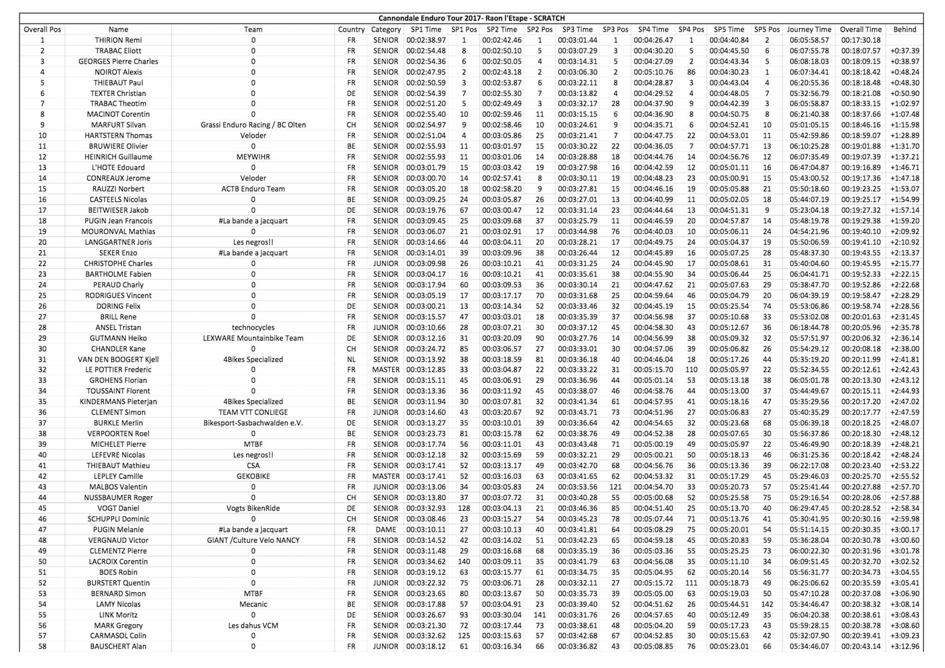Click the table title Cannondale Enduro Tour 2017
pos(471,18)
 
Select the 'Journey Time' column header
pos(809,30)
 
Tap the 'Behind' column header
pos(904,30)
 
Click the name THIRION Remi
pos(118,40)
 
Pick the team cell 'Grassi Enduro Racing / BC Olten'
pos(253,125)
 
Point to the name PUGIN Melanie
pos(118,530)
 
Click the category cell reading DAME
pos(386,530)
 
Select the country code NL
pos(351,360)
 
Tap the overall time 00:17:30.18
pos(861,40)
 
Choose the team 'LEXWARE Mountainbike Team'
pos(253,338)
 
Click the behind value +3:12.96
pos(904,647)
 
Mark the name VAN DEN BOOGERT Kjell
pos(118,360)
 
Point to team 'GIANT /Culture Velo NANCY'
pos(253,541)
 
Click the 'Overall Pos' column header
pos(42,30)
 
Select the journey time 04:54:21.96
pos(809,232)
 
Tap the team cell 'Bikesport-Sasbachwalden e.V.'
pos(253,423)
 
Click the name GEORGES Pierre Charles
pos(118,61)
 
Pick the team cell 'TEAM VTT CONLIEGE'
pos(253,413)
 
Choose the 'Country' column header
pos(351,30)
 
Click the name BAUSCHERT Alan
pos(118,647)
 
